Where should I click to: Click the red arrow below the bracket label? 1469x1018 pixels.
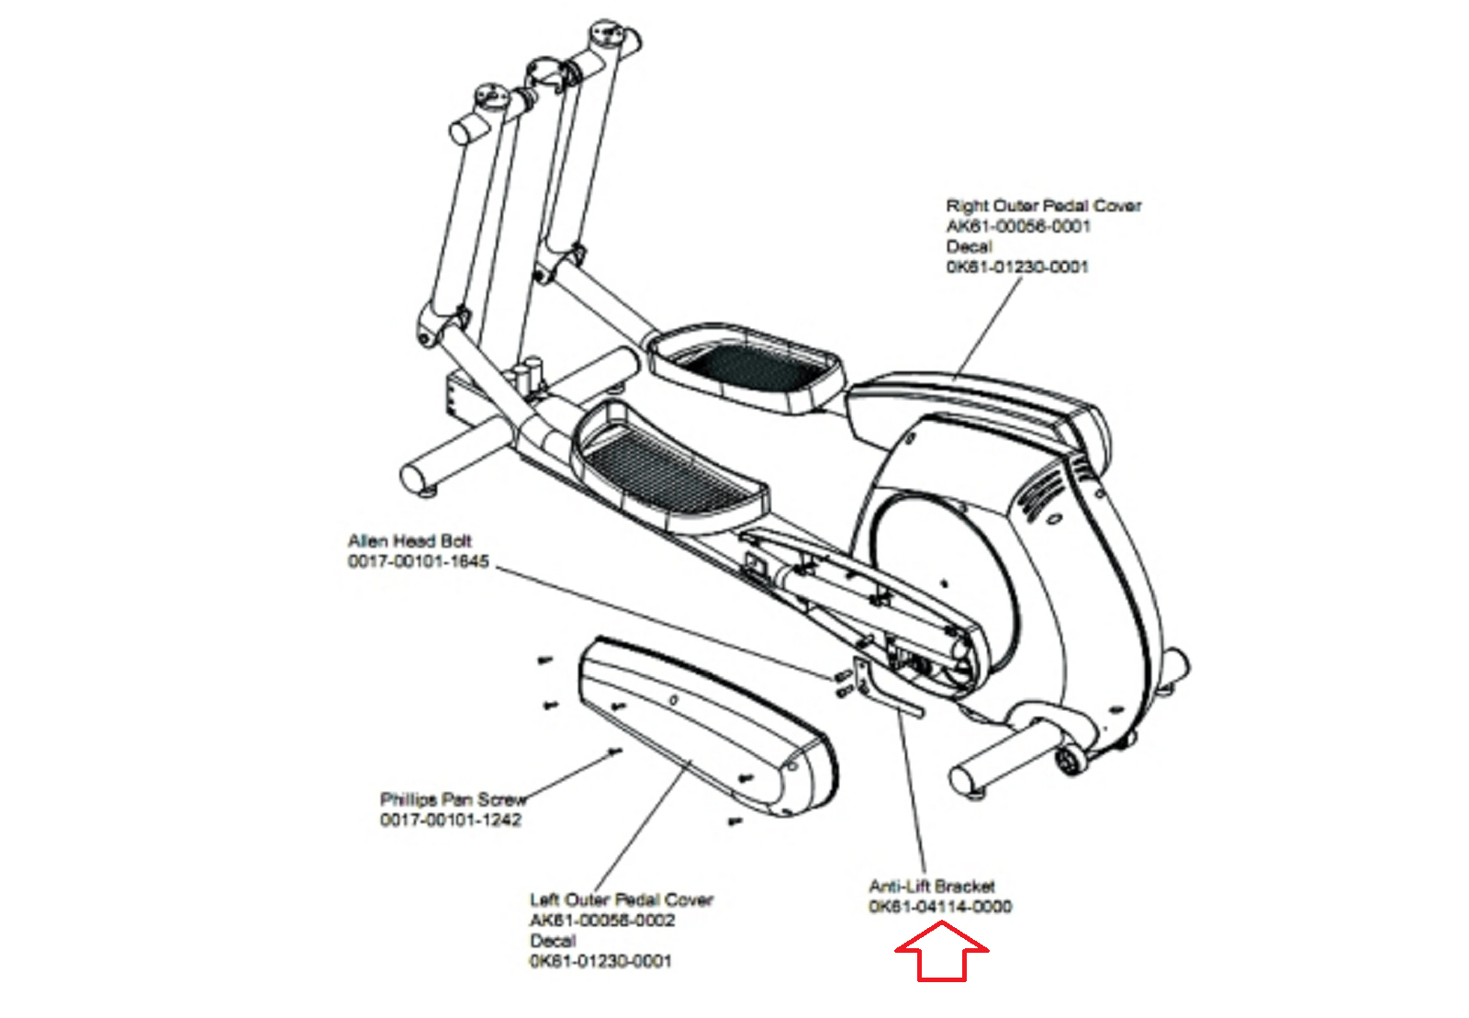(x=941, y=954)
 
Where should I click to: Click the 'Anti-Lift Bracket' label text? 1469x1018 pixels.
(x=931, y=887)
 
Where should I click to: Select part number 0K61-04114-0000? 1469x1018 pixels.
(x=940, y=907)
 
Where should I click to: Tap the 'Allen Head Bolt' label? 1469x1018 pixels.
(x=409, y=541)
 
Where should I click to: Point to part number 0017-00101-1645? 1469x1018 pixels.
(x=418, y=561)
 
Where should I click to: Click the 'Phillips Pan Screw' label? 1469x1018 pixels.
(x=453, y=799)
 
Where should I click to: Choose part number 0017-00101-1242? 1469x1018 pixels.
(x=450, y=820)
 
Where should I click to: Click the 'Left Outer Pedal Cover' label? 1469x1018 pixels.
(x=621, y=899)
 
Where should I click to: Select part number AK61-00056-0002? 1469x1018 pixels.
(x=601, y=920)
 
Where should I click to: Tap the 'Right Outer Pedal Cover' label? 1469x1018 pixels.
(x=1043, y=206)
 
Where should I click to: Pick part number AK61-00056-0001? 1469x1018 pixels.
(x=1018, y=226)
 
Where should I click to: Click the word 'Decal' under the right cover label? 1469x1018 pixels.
(x=969, y=246)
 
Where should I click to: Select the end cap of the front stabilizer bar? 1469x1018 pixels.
(x=415, y=479)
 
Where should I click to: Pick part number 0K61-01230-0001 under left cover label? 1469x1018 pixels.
(x=600, y=961)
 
